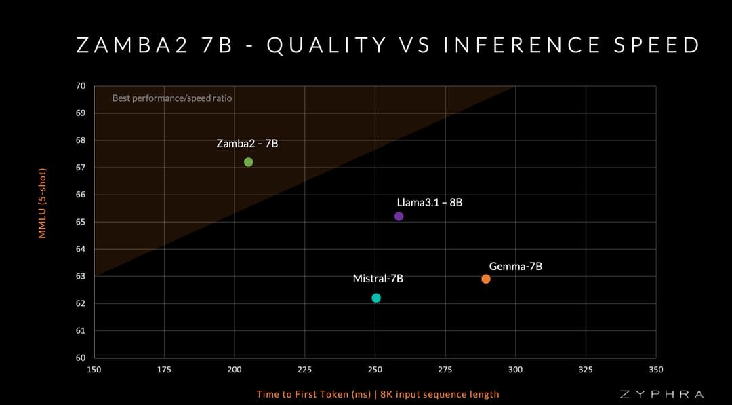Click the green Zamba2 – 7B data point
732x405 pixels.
coord(248,162)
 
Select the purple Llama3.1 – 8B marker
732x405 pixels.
coord(399,216)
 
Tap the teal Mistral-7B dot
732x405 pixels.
coord(376,298)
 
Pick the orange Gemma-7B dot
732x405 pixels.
coord(486,279)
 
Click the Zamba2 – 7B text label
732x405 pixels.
coord(247,144)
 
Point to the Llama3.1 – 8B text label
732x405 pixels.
coord(430,202)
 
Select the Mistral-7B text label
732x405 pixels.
coord(378,279)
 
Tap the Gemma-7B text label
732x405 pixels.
coord(516,267)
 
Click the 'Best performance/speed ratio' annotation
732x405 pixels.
coord(171,98)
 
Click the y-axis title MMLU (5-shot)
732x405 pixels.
coord(42,204)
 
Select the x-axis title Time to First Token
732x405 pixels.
coord(378,394)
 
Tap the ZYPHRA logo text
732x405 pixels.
coord(662,394)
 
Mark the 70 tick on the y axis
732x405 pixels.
coord(81,86)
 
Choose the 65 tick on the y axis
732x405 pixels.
coord(81,222)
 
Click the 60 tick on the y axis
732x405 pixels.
coord(81,358)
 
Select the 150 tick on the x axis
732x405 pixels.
coord(94,370)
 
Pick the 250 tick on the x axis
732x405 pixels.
coord(375,370)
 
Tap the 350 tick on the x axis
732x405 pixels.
coord(655,370)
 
